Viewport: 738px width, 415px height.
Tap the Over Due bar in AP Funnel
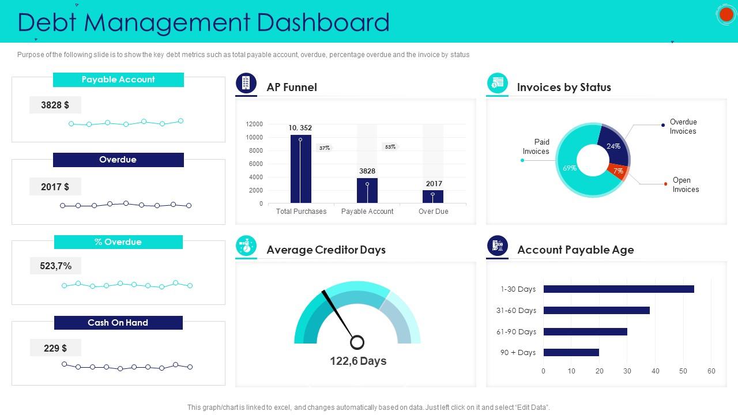click(x=433, y=197)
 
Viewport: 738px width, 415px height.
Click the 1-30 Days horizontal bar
click(x=618, y=289)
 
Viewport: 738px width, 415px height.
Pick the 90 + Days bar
click(x=571, y=353)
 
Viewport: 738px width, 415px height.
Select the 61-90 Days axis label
click(x=516, y=331)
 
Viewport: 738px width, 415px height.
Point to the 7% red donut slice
click(x=617, y=171)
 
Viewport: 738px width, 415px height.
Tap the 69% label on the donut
click(x=570, y=168)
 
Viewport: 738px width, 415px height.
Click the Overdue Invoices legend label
click(x=683, y=127)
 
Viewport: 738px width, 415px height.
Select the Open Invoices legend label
click(x=686, y=185)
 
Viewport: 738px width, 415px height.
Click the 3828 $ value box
click(x=55, y=105)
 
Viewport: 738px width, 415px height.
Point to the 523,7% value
click(x=56, y=266)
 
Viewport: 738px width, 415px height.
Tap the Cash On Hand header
click(x=118, y=323)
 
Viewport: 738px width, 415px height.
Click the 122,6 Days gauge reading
click(x=358, y=361)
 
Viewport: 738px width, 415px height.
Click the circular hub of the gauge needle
click(x=357, y=342)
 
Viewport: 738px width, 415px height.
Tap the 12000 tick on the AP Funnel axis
click(x=254, y=124)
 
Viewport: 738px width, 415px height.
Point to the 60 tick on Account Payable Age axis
click(x=711, y=371)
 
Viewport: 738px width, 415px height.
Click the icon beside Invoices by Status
click(x=497, y=84)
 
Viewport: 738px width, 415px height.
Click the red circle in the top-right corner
click(x=726, y=15)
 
